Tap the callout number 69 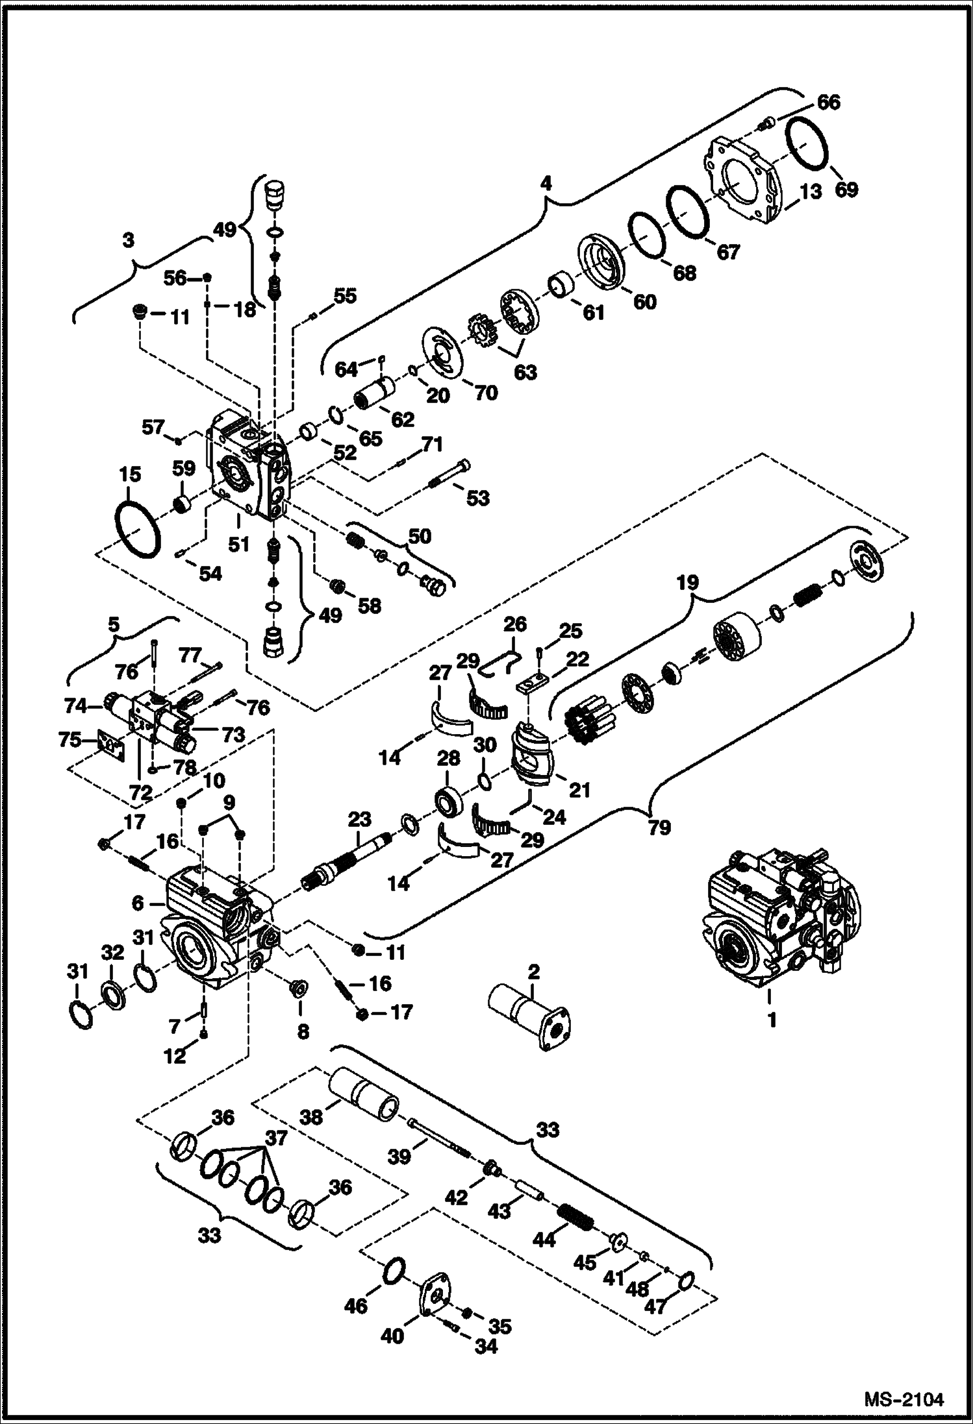pyautogui.click(x=846, y=190)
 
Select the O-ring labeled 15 pyautogui.click(x=137, y=530)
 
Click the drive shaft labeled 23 pyautogui.click(x=347, y=864)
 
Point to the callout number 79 pyautogui.click(x=659, y=828)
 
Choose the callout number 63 pyautogui.click(x=525, y=373)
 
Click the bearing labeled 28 pyautogui.click(x=448, y=801)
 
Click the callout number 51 pyautogui.click(x=238, y=543)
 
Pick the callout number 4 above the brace pyautogui.click(x=546, y=184)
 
